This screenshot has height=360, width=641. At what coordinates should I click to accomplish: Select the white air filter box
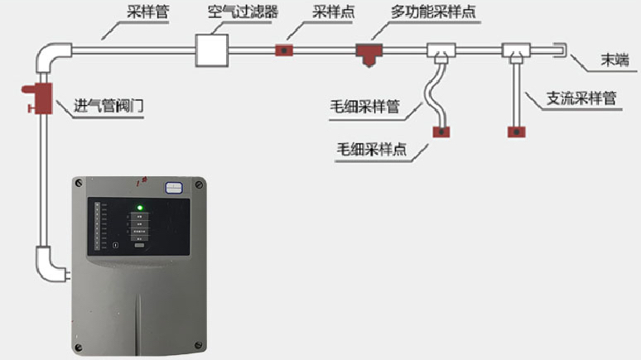210,50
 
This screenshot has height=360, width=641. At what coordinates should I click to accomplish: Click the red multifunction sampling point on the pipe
365,52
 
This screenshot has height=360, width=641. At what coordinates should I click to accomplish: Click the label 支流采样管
581,98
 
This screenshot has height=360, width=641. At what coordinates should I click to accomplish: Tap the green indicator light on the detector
140,208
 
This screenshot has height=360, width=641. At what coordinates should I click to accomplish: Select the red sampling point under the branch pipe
518,130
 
